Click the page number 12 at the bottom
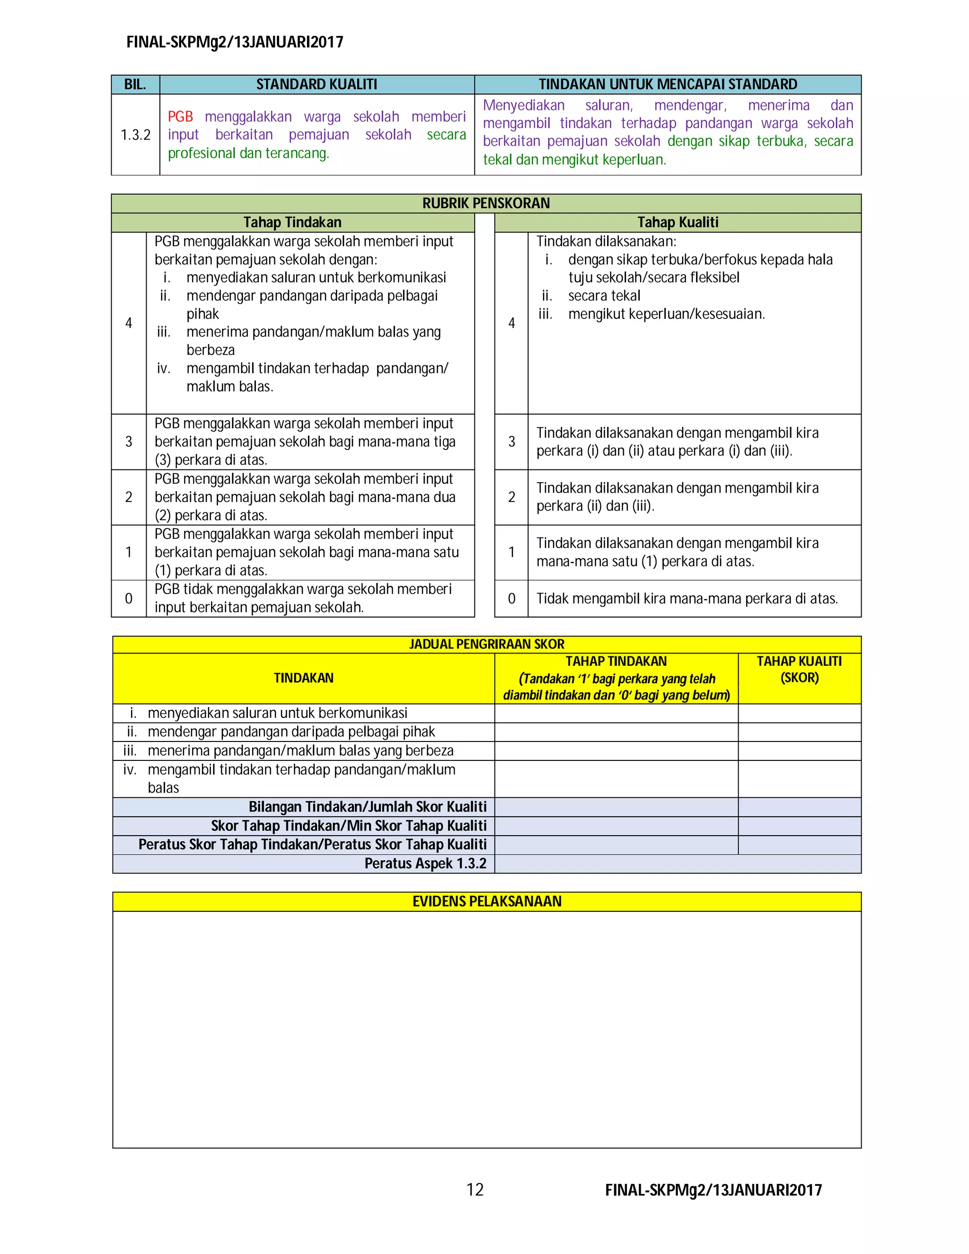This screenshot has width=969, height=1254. click(475, 1189)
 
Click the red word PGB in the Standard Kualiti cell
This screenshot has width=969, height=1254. click(180, 116)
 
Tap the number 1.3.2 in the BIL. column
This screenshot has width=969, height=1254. click(135, 135)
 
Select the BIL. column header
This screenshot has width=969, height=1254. click(135, 84)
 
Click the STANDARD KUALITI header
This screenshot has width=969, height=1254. click(317, 84)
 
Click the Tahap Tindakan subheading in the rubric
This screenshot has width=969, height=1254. click(292, 222)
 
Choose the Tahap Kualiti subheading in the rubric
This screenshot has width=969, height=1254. click(678, 222)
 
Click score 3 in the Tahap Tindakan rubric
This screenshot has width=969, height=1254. click(129, 442)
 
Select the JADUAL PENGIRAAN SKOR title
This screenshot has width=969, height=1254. click(486, 644)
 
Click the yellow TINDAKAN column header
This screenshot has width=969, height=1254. click(303, 678)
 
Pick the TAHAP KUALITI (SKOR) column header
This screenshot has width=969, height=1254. click(799, 670)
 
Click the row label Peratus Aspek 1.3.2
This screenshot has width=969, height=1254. click(425, 864)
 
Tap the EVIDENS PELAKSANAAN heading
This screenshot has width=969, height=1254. click(486, 901)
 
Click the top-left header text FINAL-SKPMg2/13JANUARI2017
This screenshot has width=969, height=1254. click(235, 42)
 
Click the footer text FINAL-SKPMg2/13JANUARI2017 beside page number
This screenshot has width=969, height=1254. click(713, 1190)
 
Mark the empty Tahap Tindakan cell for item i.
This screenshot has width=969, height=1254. click(616, 713)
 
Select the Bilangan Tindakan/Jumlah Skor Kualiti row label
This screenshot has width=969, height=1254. click(367, 807)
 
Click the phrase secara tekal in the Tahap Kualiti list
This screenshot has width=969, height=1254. click(604, 296)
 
